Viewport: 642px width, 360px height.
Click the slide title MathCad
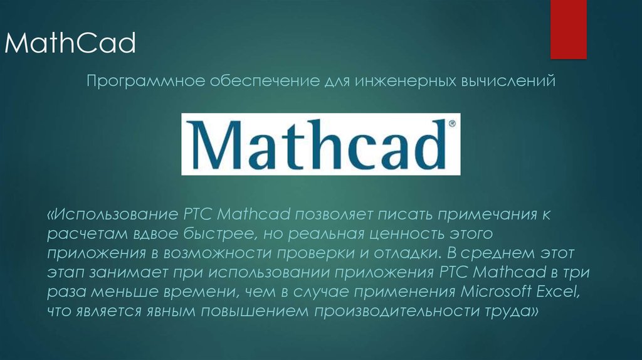pyautogui.click(x=70, y=44)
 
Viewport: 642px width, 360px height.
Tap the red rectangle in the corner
pyautogui.click(x=568, y=28)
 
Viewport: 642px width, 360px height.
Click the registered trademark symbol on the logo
pyautogui.click(x=453, y=124)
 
